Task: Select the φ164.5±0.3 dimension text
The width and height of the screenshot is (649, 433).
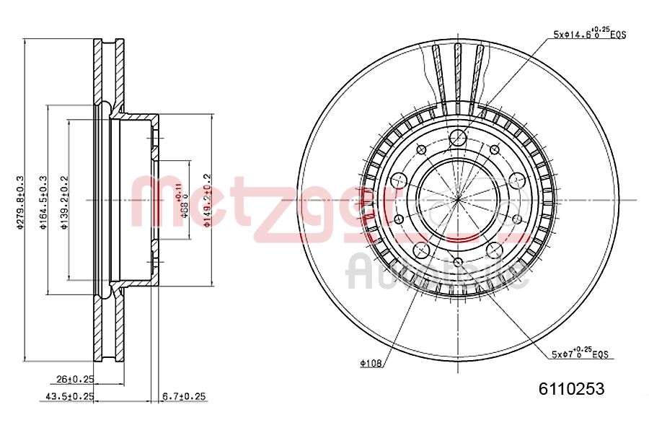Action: coord(43,203)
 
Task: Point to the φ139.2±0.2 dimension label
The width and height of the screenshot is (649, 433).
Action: coord(64,203)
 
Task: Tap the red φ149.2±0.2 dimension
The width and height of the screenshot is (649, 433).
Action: coord(207,201)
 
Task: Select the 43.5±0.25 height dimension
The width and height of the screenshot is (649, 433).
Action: coord(71,395)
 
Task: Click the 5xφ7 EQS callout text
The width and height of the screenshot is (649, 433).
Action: coord(581,354)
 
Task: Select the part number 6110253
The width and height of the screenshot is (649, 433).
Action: coord(572,388)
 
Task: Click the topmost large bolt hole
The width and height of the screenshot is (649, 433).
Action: coord(458,138)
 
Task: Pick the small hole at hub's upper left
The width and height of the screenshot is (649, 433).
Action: coord(423,149)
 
